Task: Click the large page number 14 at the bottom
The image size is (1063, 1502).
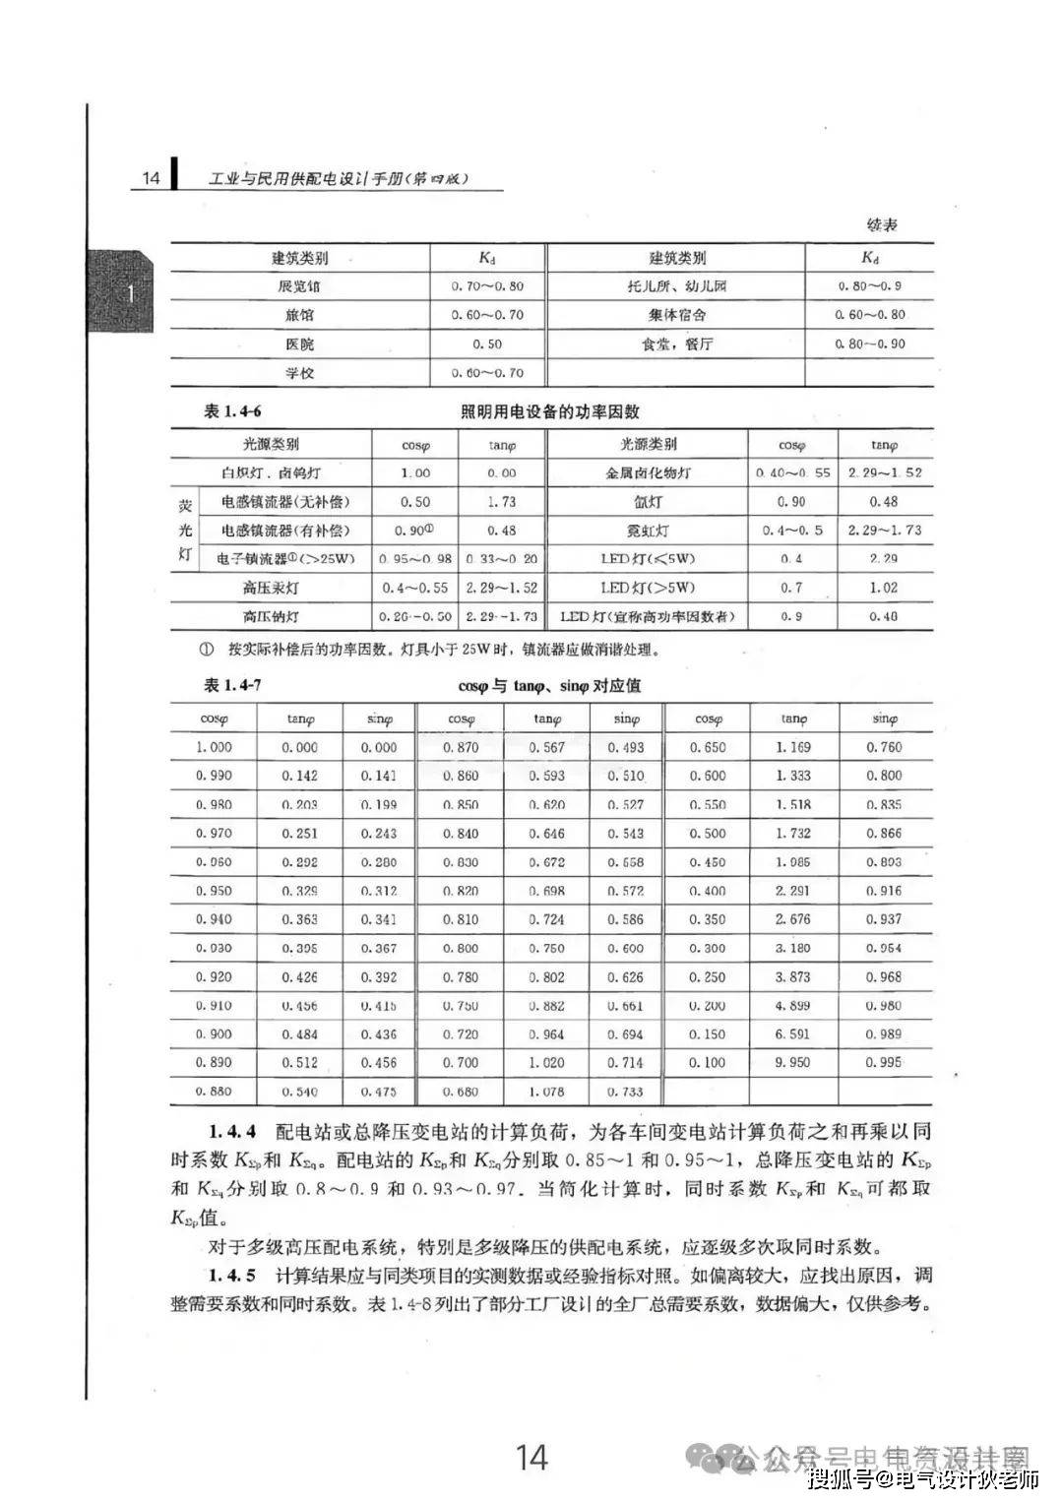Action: click(x=531, y=1456)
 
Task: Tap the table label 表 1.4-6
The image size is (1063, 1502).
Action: click(x=232, y=411)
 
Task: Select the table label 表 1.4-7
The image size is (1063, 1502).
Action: click(x=232, y=686)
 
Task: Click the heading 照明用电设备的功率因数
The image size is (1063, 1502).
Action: click(x=550, y=411)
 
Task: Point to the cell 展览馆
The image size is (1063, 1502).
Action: click(x=300, y=286)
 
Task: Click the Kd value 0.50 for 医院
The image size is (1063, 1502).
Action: click(x=487, y=344)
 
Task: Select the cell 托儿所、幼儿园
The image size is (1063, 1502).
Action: click(x=676, y=286)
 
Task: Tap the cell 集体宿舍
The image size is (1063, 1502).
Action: click(x=676, y=315)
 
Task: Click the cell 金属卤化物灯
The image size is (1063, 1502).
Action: click(x=648, y=472)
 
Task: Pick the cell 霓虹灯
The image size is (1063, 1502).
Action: click(x=648, y=531)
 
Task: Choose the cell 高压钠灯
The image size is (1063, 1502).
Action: click(x=271, y=616)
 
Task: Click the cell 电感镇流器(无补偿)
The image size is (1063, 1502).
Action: click(x=284, y=502)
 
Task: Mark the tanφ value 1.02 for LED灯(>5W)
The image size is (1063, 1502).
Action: click(x=884, y=588)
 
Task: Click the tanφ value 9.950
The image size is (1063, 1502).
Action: click(x=793, y=1063)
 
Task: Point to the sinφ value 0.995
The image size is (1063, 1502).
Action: click(x=884, y=1063)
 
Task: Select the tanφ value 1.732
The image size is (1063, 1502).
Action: click(x=793, y=833)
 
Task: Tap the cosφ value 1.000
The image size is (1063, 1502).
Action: click(x=214, y=747)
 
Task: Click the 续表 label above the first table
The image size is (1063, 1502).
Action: click(x=882, y=225)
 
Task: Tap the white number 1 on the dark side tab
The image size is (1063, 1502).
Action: click(x=130, y=294)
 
